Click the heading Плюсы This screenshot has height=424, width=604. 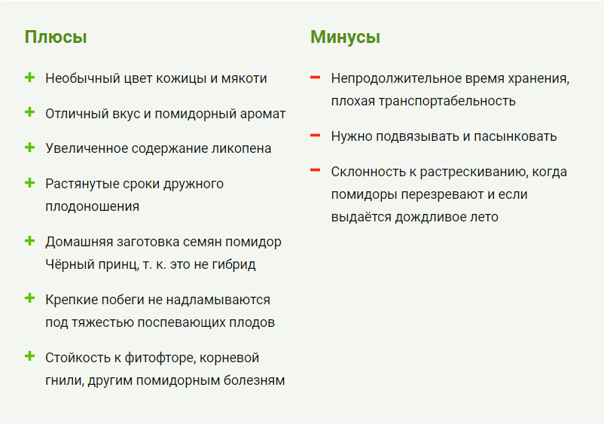(x=56, y=38)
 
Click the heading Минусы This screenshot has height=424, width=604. (x=345, y=38)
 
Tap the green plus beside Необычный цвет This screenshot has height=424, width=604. (x=29, y=78)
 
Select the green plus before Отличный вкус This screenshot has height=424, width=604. (x=29, y=112)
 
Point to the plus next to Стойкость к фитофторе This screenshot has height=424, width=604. (x=29, y=356)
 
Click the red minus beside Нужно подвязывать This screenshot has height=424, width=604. (x=315, y=136)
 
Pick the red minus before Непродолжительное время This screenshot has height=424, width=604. (x=315, y=78)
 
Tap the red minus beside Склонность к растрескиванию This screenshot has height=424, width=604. (x=315, y=170)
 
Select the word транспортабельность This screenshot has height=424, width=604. (x=447, y=101)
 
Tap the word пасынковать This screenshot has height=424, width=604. (x=515, y=137)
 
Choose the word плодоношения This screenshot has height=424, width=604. (x=93, y=207)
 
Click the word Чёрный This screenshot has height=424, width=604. (x=63, y=264)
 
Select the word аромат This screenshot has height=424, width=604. (x=263, y=114)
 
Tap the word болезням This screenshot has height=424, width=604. (x=255, y=380)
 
